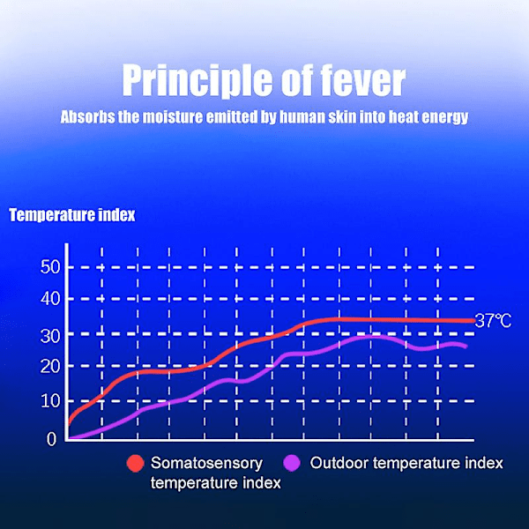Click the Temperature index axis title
coord(72,214)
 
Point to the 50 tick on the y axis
coord(50,267)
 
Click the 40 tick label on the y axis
coord(50,300)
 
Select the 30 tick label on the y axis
coord(50,335)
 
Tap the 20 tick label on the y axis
coord(50,367)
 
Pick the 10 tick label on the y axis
coord(50,400)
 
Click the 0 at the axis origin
coord(51,438)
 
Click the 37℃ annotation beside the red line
coord(493,321)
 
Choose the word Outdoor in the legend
coord(338,463)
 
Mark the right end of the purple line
coord(466,346)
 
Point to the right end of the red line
coord(473,321)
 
